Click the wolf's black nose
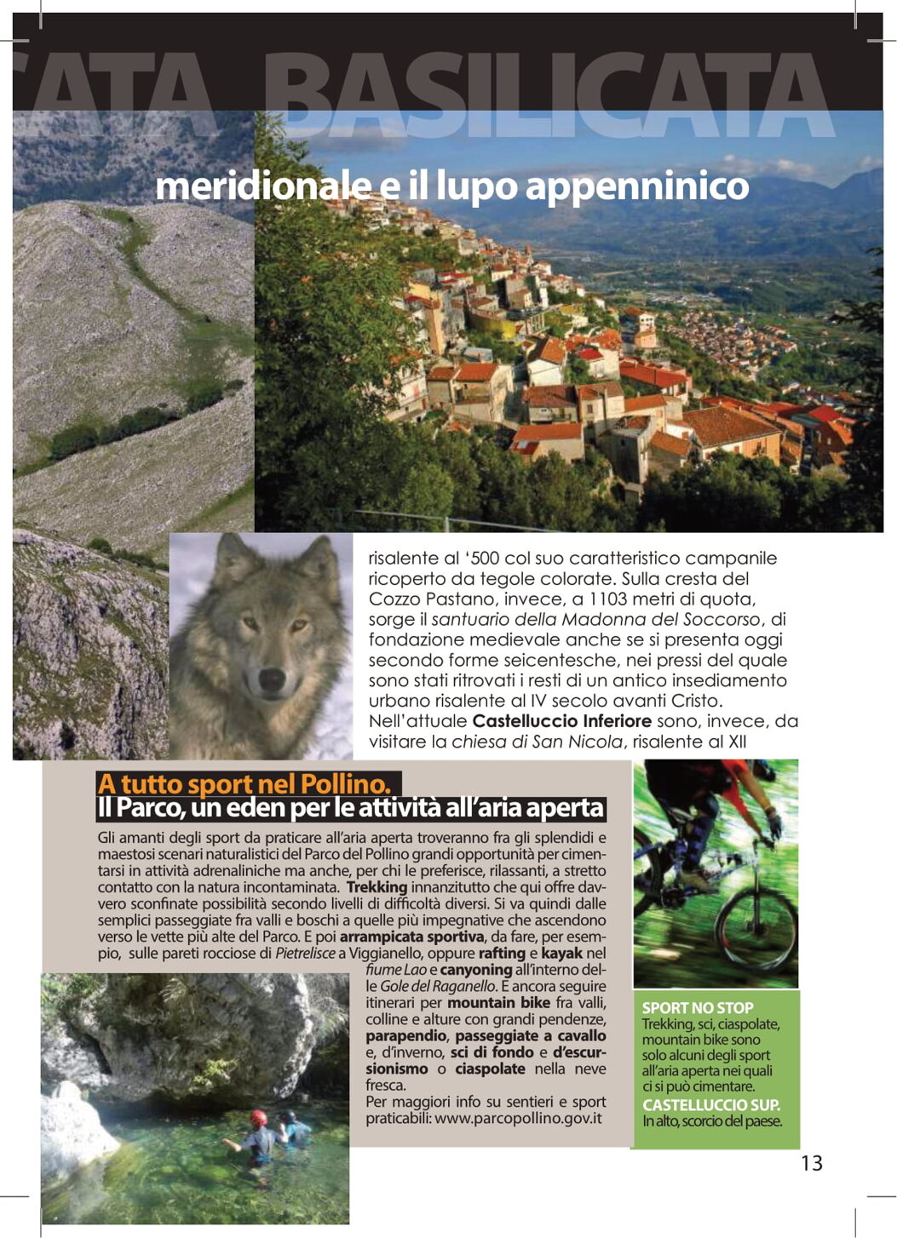tap(271, 679)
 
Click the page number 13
tap(811, 1162)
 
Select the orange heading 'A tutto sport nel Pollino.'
tap(244, 783)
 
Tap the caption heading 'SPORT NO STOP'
tap(697, 1007)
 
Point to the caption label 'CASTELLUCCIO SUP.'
tap(710, 1105)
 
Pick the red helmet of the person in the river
tap(258, 1117)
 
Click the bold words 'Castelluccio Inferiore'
tap(561, 721)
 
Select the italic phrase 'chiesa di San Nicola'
tap(537, 742)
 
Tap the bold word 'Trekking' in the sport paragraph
tap(377, 887)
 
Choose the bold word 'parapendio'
tap(405, 1035)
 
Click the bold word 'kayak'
tap(562, 953)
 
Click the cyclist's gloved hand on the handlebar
tap(773, 823)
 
